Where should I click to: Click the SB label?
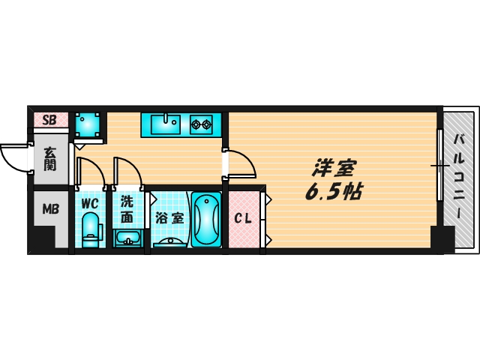click(x=49, y=119)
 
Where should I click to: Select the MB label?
click(x=49, y=208)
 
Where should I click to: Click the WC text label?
click(x=90, y=202)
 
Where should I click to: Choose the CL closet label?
click(x=242, y=219)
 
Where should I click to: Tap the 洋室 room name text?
click(x=334, y=167)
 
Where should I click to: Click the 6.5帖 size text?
click(x=333, y=192)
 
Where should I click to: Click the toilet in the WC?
click(x=91, y=229)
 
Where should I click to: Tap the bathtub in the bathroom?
click(x=205, y=220)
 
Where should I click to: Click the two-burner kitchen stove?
click(x=202, y=123)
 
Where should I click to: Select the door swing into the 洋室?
click(x=241, y=163)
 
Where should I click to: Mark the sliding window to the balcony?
click(x=439, y=165)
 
